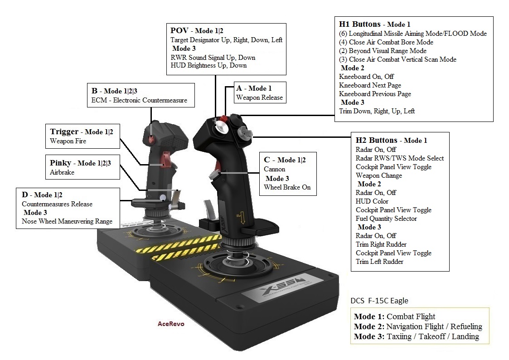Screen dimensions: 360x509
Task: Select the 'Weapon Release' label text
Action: click(259, 97)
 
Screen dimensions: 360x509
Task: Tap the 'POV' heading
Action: click(179, 31)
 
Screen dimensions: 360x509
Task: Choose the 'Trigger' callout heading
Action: click(64, 132)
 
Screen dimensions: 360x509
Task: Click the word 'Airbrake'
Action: click(63, 172)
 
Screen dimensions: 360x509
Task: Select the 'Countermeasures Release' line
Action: click(57, 204)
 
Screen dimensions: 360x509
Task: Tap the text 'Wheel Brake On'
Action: click(287, 187)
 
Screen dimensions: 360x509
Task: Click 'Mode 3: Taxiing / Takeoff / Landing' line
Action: click(416, 336)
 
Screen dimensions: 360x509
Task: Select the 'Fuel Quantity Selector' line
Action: click(386, 219)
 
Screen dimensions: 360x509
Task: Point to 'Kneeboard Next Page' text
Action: click(370, 85)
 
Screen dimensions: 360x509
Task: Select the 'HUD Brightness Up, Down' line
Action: click(208, 65)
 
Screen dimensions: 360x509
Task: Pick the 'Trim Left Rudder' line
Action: click(379, 262)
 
